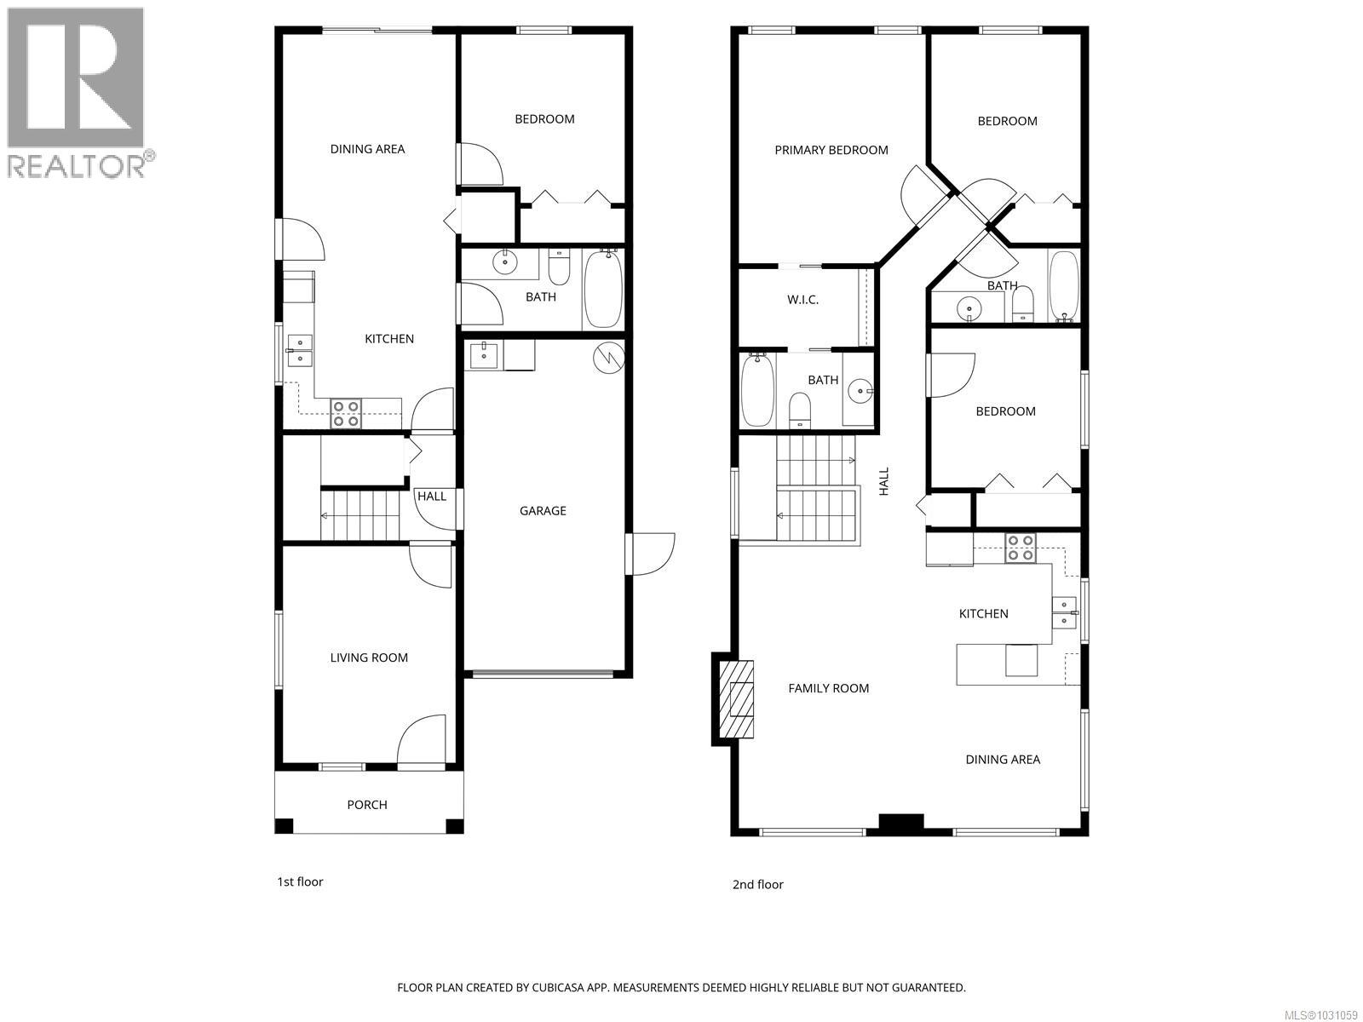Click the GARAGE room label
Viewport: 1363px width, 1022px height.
pyautogui.click(x=543, y=511)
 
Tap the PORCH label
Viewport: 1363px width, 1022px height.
pyautogui.click(x=367, y=805)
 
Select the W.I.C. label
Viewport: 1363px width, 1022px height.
pyautogui.click(x=802, y=300)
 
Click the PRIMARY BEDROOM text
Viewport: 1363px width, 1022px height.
pyautogui.click(x=831, y=150)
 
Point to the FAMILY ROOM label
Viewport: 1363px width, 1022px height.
pyautogui.click(x=828, y=688)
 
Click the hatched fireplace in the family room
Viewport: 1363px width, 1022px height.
pyautogui.click(x=737, y=698)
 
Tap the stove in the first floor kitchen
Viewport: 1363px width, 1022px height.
pyautogui.click(x=346, y=414)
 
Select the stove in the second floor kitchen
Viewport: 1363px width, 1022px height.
pyautogui.click(x=1020, y=548)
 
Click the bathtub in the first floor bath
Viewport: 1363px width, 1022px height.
pyautogui.click(x=603, y=289)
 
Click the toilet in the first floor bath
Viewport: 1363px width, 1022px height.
pyautogui.click(x=560, y=268)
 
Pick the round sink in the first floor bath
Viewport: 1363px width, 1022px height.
pyautogui.click(x=507, y=261)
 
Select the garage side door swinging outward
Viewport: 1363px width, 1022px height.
pyautogui.click(x=651, y=554)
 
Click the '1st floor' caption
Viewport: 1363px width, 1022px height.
pyautogui.click(x=300, y=881)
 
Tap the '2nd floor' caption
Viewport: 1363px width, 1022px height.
pyautogui.click(x=757, y=884)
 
